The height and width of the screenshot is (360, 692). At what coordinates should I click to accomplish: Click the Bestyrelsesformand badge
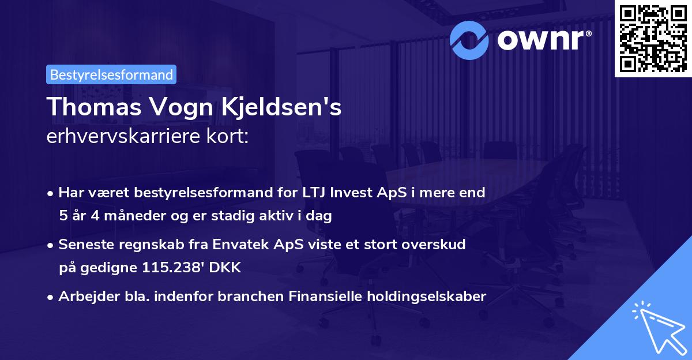111,74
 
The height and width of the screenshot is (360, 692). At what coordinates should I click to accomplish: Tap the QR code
653,39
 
